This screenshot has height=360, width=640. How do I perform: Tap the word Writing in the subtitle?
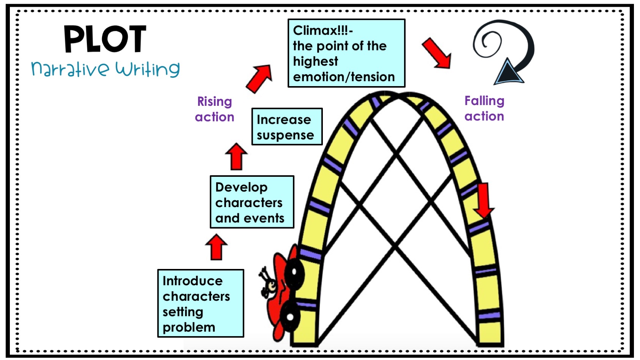point(148,69)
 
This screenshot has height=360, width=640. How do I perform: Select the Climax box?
point(346,53)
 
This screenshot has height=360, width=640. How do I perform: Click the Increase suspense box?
point(287,127)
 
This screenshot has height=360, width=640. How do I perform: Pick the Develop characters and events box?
point(252,202)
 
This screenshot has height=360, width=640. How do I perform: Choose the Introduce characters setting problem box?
point(200,303)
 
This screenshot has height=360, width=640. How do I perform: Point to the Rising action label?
point(215,109)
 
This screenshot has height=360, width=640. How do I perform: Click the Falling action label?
point(484,108)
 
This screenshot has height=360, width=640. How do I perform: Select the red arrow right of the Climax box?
point(437,53)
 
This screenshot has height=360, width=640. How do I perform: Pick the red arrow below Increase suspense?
point(236,156)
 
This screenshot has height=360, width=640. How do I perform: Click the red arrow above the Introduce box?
point(216,247)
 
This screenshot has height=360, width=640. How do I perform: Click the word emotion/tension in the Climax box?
point(344,77)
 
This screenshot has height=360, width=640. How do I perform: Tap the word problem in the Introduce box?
point(189,327)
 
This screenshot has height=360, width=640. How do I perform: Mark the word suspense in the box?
point(285,135)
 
